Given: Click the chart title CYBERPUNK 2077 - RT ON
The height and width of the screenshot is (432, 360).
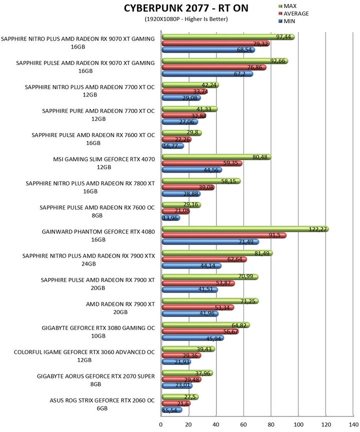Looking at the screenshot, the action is click(x=186, y=8).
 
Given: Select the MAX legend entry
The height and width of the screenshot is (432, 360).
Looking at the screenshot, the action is click(x=287, y=6).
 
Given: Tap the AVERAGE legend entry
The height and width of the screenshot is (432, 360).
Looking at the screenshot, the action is click(x=293, y=13).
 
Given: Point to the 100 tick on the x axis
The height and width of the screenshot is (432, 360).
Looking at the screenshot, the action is click(x=298, y=424).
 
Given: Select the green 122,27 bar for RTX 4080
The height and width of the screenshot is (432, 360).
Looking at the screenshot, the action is click(x=245, y=229).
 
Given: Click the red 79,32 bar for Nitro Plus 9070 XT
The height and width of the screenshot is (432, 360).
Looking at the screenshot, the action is click(x=215, y=43).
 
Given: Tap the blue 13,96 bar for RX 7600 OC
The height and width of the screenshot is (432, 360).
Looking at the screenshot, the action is click(x=171, y=218).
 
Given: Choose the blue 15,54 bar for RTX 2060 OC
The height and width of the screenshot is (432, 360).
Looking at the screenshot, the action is click(x=172, y=410).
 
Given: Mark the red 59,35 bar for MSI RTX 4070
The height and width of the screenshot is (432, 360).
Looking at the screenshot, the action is click(x=202, y=163).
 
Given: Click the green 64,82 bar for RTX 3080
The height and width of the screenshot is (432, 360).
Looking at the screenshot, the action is click(x=206, y=325).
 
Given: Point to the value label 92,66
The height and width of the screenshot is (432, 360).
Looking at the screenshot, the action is click(x=277, y=61).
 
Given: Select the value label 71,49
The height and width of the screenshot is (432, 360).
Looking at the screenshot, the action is click(x=246, y=242).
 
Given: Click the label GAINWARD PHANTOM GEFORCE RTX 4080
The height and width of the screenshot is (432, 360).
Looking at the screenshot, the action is click(x=98, y=231).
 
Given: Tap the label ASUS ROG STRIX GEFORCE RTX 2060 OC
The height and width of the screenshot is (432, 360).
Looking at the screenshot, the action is click(x=102, y=400).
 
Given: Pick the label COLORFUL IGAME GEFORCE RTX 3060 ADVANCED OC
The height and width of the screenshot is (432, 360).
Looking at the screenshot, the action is click(x=84, y=352).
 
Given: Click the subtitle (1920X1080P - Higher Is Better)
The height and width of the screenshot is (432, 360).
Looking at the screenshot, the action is click(x=186, y=19).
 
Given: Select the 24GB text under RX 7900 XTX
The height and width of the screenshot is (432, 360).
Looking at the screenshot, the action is click(x=88, y=263).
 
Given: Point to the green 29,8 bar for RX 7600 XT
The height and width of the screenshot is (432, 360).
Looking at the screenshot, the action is click(x=182, y=133).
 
